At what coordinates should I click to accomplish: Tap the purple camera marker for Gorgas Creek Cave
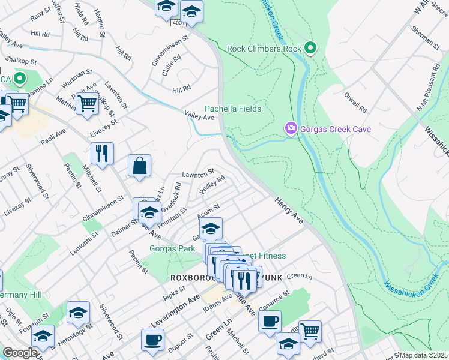[291, 128]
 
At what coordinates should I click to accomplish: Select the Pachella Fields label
[233, 109]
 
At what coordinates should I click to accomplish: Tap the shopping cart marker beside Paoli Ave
[88, 103]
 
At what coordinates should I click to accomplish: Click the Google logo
[19, 353]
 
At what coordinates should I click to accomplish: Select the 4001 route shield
[178, 23]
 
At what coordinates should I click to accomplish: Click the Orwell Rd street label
[355, 103]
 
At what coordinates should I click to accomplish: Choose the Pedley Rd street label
[212, 184]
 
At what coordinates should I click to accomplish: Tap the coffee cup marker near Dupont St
[152, 340]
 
